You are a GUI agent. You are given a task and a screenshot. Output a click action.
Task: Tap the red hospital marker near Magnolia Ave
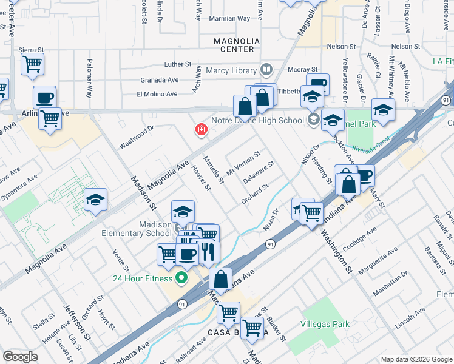[200, 129]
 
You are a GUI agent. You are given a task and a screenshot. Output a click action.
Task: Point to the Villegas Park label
[325, 324]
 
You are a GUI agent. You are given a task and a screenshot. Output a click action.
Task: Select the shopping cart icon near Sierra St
[32, 63]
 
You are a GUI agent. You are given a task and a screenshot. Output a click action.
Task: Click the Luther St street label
[177, 64]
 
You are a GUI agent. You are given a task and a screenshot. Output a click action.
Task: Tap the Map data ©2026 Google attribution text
[415, 358]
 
